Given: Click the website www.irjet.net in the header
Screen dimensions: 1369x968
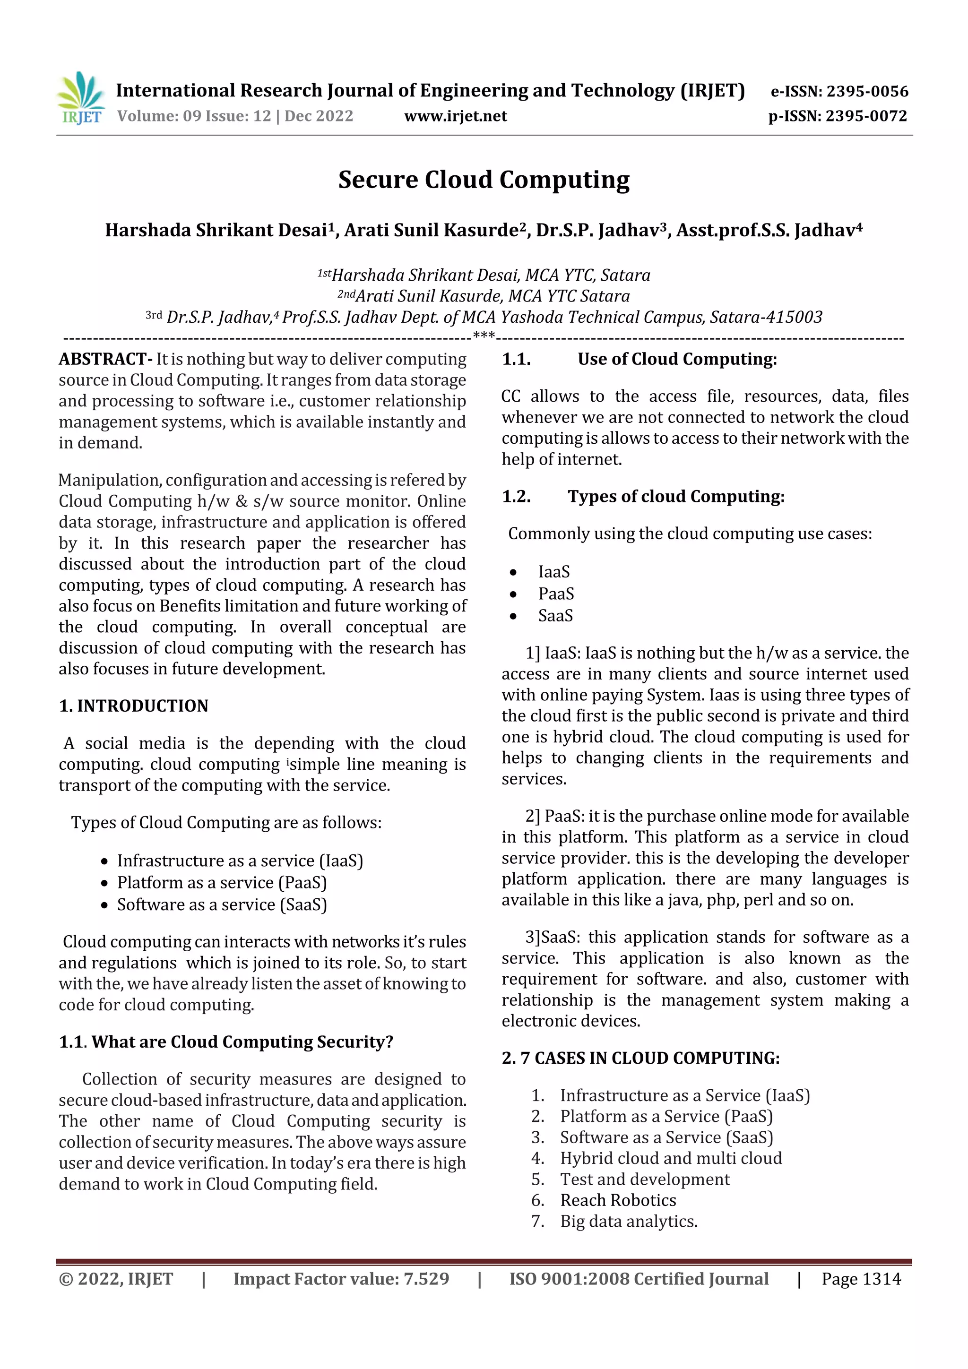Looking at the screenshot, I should click(455, 116).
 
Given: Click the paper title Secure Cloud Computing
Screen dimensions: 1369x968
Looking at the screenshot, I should click(484, 180).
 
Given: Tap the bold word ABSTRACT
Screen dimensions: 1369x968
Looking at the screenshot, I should click(103, 359).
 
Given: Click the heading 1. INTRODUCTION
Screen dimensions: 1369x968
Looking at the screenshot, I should click(134, 706).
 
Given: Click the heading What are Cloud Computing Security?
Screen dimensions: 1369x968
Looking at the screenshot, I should click(242, 1042).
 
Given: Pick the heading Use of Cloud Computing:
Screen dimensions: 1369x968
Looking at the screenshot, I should click(677, 359).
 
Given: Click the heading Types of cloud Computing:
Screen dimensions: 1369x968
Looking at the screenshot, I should click(676, 496).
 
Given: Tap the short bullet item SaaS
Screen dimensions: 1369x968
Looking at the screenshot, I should click(555, 615).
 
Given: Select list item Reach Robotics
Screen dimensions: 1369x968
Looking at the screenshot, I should click(618, 1200).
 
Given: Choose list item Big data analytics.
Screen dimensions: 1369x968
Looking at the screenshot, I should click(628, 1221).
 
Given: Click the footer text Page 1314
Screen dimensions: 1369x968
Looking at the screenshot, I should click(861, 1278).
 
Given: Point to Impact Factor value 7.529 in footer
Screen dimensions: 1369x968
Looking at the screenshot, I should click(341, 1278).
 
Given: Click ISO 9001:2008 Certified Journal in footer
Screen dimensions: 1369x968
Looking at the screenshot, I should click(638, 1278).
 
